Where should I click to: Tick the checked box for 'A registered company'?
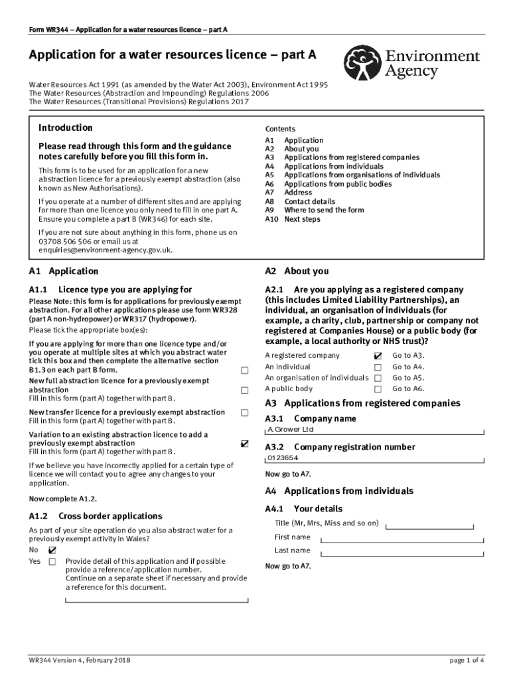point(378,356)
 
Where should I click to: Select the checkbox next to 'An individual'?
point(378,367)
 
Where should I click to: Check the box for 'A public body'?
point(378,389)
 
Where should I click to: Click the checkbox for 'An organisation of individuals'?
point(378,378)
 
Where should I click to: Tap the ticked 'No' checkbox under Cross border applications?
point(52,550)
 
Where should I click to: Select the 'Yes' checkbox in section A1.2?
point(52,562)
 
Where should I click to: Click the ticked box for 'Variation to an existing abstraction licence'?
point(245,443)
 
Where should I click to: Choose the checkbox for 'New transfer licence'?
point(245,412)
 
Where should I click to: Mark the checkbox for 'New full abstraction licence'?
point(245,390)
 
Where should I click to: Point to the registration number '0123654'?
point(283,458)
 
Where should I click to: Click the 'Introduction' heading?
point(66,128)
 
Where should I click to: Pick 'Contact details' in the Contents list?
point(310,201)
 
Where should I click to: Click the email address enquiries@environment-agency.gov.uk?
point(106,250)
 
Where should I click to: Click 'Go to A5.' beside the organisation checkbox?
point(408,378)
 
